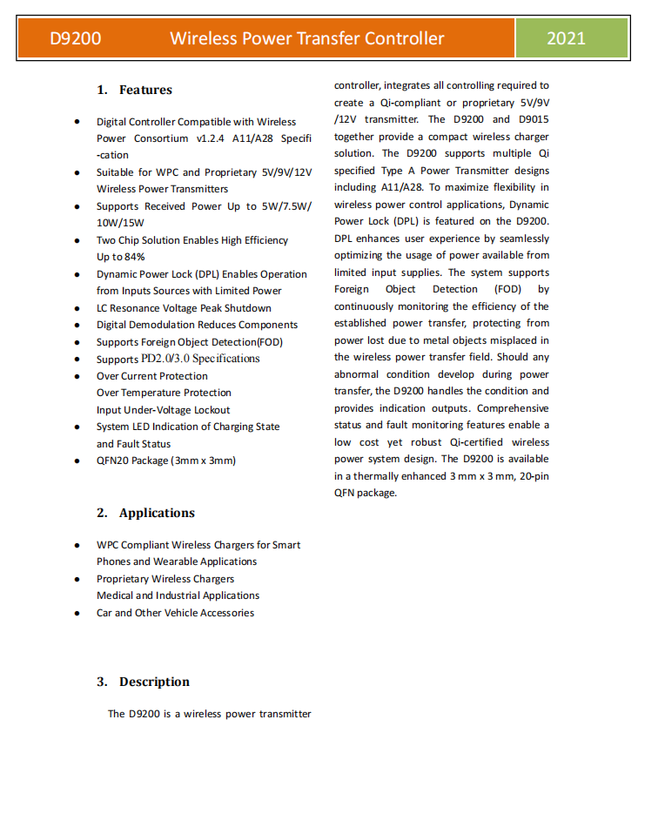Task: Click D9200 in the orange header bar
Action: [x=75, y=38]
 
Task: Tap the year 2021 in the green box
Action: [x=566, y=38]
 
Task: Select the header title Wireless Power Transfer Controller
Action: [x=306, y=38]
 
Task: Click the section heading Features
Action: [x=145, y=90]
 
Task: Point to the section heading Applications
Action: [x=157, y=513]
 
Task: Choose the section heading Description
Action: [x=154, y=682]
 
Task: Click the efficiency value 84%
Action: [x=134, y=257]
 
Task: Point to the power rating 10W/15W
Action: [x=120, y=223]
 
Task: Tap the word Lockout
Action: [x=212, y=410]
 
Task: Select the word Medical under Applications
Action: [x=115, y=595]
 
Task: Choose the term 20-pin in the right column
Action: [x=532, y=476]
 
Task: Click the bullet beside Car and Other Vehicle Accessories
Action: [x=78, y=613]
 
